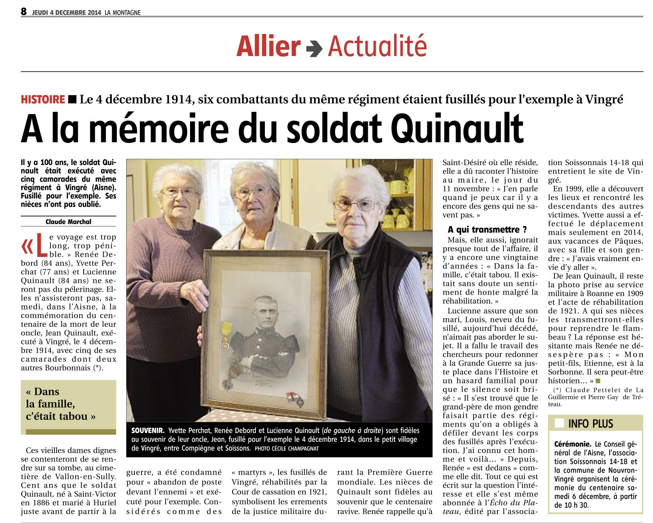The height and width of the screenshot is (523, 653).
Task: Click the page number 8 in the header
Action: [24, 11]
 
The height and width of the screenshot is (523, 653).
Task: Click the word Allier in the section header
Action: [268, 46]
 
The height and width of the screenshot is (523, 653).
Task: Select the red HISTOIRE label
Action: [43, 100]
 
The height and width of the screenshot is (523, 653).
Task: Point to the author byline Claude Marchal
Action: [68, 222]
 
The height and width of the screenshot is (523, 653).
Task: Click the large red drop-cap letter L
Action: [41, 245]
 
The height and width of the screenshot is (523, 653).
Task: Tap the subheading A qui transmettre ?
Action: [487, 230]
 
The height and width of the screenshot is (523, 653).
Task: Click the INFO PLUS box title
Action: [591, 424]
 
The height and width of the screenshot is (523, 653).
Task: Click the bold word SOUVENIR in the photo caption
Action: [147, 430]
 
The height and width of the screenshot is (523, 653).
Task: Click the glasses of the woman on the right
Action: [355, 206]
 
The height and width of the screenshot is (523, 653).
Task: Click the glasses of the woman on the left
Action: [180, 192]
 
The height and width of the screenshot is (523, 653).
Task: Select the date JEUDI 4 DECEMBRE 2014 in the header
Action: [67, 13]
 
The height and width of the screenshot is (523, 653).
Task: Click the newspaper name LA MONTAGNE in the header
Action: [122, 13]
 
